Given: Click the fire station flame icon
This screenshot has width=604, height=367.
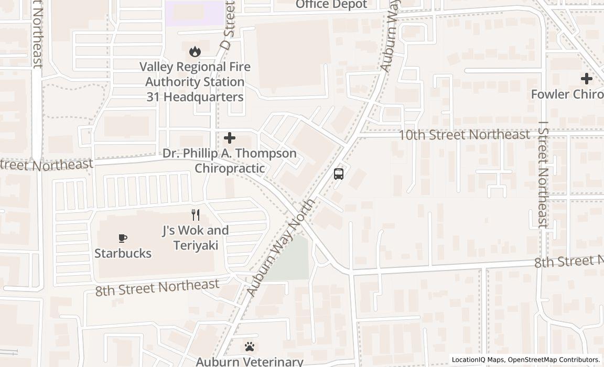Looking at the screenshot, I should (195, 51).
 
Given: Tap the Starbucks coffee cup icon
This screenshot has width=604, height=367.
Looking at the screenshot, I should (123, 239).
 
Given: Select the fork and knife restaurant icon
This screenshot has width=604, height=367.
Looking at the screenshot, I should (196, 214).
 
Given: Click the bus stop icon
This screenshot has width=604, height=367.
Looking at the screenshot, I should (339, 174).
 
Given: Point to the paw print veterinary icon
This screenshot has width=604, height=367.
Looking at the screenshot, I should (250, 347).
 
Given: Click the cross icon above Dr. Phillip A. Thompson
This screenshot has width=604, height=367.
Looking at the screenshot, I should (230, 138).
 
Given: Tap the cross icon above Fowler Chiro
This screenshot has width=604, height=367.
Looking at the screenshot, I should (586, 79).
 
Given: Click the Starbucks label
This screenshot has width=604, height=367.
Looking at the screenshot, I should (123, 253).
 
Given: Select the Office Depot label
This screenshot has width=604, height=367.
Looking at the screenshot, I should (331, 5).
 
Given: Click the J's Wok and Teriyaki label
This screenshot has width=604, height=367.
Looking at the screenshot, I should (195, 238).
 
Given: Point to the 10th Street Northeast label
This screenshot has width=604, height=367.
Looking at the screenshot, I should (464, 135).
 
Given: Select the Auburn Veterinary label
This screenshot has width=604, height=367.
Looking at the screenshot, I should (250, 361).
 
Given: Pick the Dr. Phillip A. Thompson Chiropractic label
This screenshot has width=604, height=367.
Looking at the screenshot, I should (230, 160).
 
